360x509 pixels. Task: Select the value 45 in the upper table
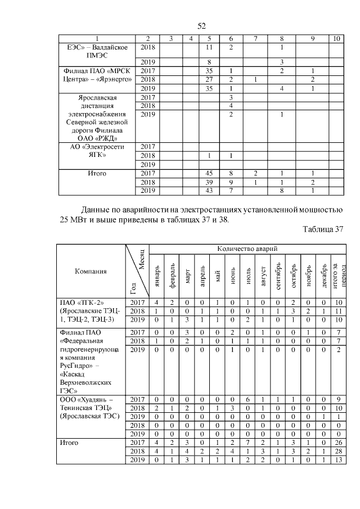[x=209, y=174]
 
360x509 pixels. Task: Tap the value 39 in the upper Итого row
[x=209, y=182]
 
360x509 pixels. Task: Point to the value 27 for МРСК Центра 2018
[x=209, y=80]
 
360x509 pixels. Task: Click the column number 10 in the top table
[x=336, y=38]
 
